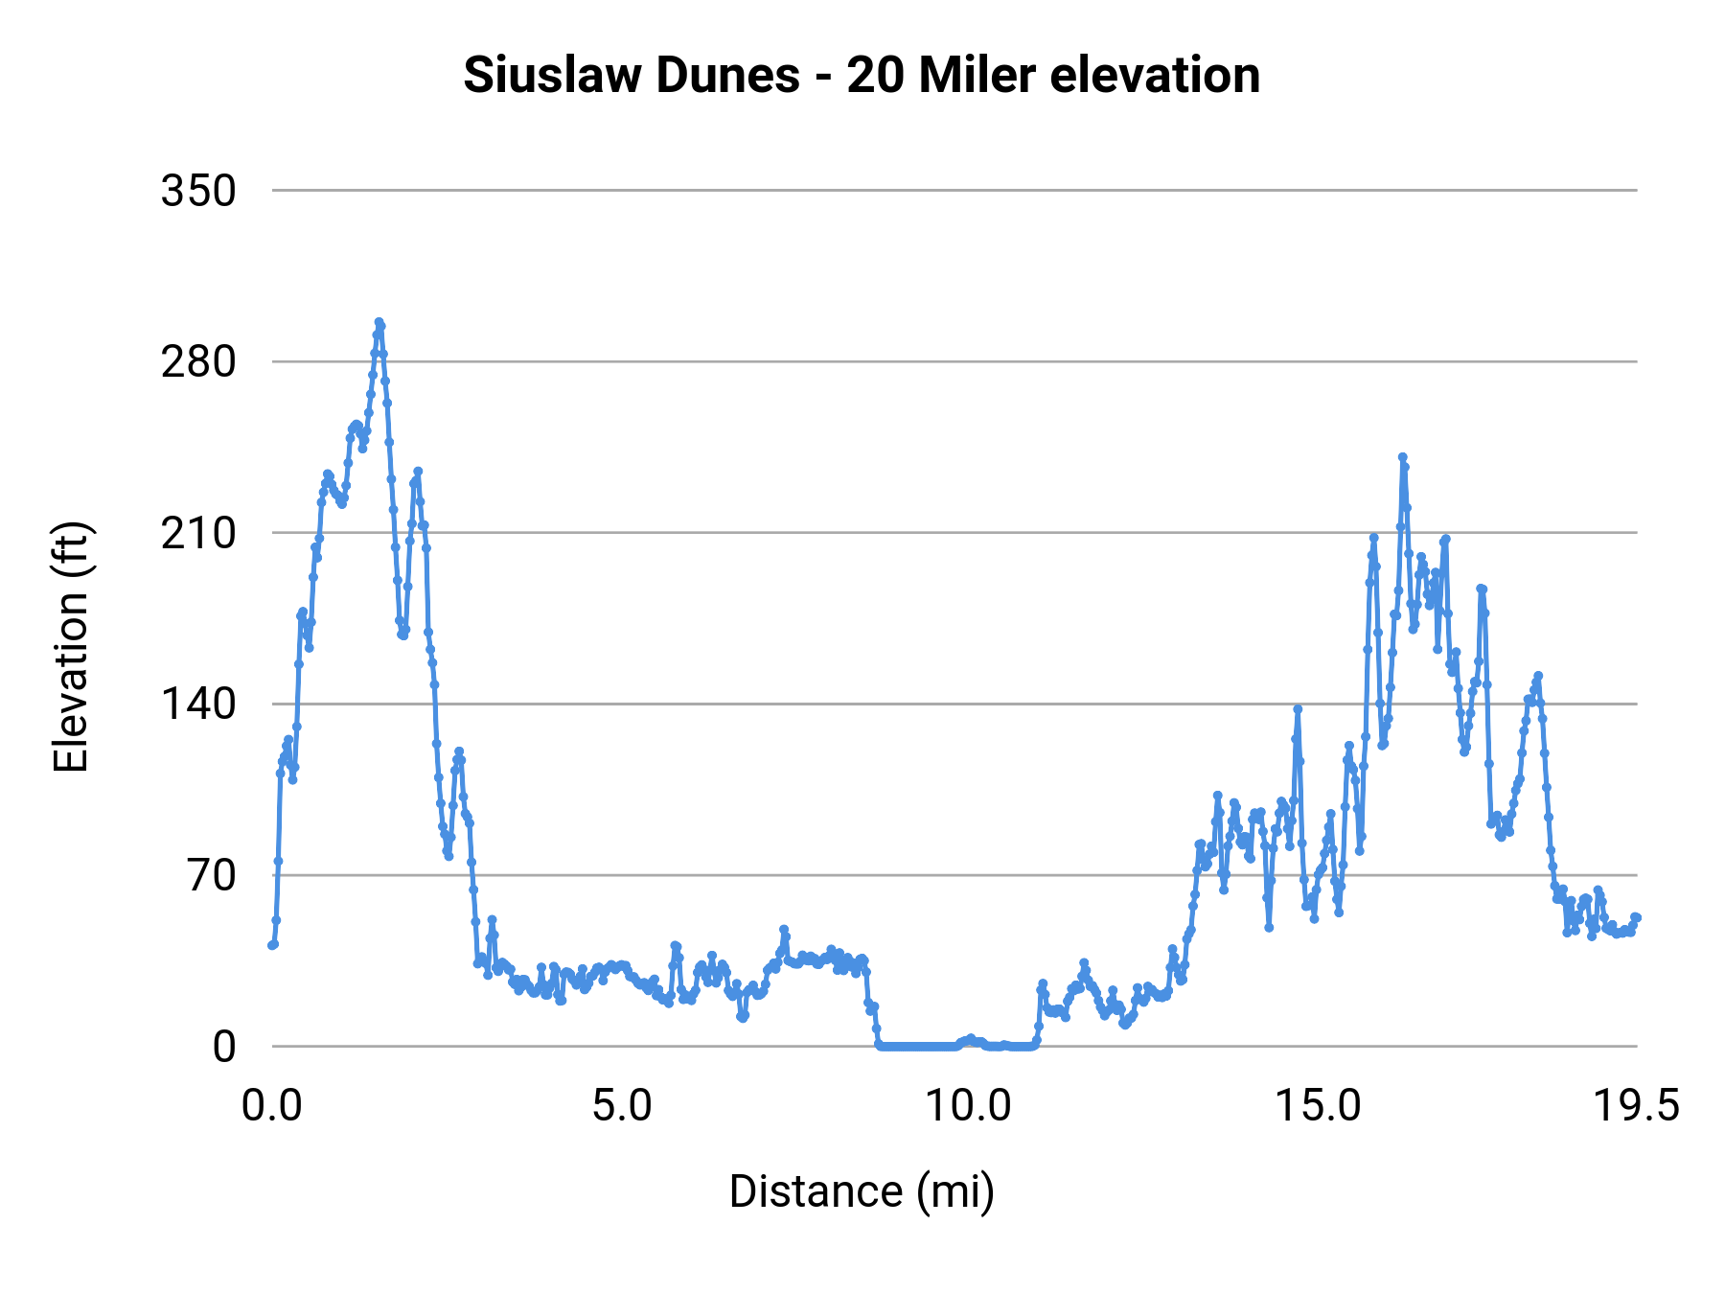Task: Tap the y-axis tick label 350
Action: click(198, 191)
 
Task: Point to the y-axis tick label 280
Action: click(198, 362)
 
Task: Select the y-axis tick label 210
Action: click(198, 533)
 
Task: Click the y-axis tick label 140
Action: click(198, 705)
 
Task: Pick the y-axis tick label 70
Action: click(212, 875)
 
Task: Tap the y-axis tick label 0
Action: click(223, 1047)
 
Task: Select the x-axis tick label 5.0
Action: click(621, 1106)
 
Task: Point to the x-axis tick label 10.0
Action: click(968, 1106)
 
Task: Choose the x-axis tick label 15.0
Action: click(1318, 1106)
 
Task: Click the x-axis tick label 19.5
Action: click(1636, 1106)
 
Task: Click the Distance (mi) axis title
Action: click(862, 1191)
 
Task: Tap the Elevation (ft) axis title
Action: click(71, 647)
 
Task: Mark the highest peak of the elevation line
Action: click(379, 323)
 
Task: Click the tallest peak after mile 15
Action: click(1402, 457)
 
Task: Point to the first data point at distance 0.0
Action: click(272, 945)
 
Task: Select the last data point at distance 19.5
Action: click(1637, 917)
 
